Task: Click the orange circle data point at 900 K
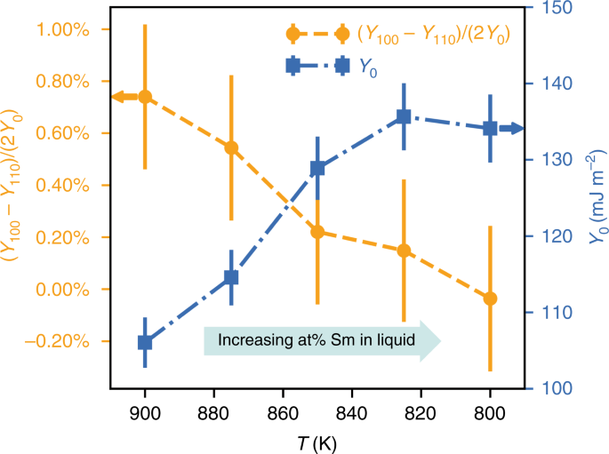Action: (x=144, y=97)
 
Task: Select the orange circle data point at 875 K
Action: (x=231, y=147)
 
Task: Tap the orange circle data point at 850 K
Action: (x=317, y=232)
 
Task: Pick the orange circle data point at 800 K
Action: (x=490, y=299)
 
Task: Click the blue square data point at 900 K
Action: (x=144, y=343)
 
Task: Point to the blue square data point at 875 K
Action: (x=231, y=277)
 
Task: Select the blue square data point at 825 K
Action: (x=404, y=116)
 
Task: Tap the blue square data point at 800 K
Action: (x=490, y=129)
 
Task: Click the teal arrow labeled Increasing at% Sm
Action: (x=322, y=340)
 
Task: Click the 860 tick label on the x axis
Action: (x=283, y=413)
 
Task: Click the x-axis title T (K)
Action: (x=317, y=442)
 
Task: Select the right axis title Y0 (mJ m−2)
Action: (x=591, y=198)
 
